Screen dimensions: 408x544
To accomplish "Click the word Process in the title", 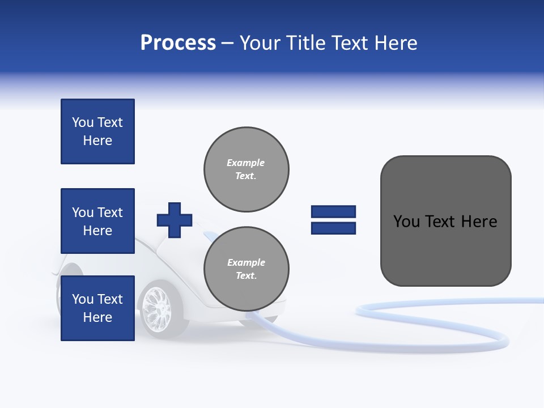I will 178,43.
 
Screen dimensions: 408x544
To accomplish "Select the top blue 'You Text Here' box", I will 97,131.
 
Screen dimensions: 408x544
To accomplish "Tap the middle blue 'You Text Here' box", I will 97,221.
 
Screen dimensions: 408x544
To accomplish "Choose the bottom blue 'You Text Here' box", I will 97,308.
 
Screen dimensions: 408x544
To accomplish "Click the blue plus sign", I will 175,220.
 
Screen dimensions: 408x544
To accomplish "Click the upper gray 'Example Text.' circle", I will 246,169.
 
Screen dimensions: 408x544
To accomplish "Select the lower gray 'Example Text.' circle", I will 246,269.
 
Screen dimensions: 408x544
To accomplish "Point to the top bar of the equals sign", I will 333,212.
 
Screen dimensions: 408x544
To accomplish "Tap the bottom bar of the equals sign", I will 333,228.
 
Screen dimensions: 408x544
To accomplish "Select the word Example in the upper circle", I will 245,163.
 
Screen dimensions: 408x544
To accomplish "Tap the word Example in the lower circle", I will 246,262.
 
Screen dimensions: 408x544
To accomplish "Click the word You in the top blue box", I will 82,122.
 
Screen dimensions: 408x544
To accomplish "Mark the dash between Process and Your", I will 227,44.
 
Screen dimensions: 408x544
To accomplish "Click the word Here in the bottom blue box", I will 97,317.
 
